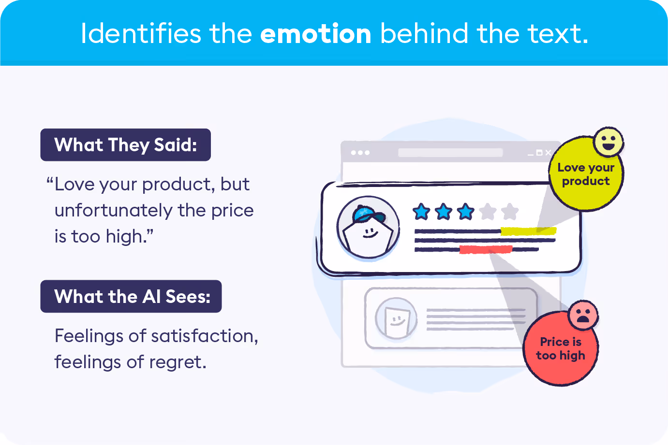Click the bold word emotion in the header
[x=315, y=34]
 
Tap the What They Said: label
[x=125, y=145]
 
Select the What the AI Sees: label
[x=131, y=296]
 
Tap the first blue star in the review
[x=421, y=211]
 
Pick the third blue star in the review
[x=465, y=211]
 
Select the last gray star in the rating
[x=510, y=211]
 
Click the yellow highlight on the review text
[x=528, y=231]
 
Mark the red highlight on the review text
[x=486, y=249]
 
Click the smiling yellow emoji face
[x=609, y=142]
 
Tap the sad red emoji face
[x=583, y=315]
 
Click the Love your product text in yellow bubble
[x=586, y=174]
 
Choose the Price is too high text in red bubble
[x=561, y=348]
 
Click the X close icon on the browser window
[x=548, y=153]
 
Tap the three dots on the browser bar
[x=360, y=153]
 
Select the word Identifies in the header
[x=140, y=34]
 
